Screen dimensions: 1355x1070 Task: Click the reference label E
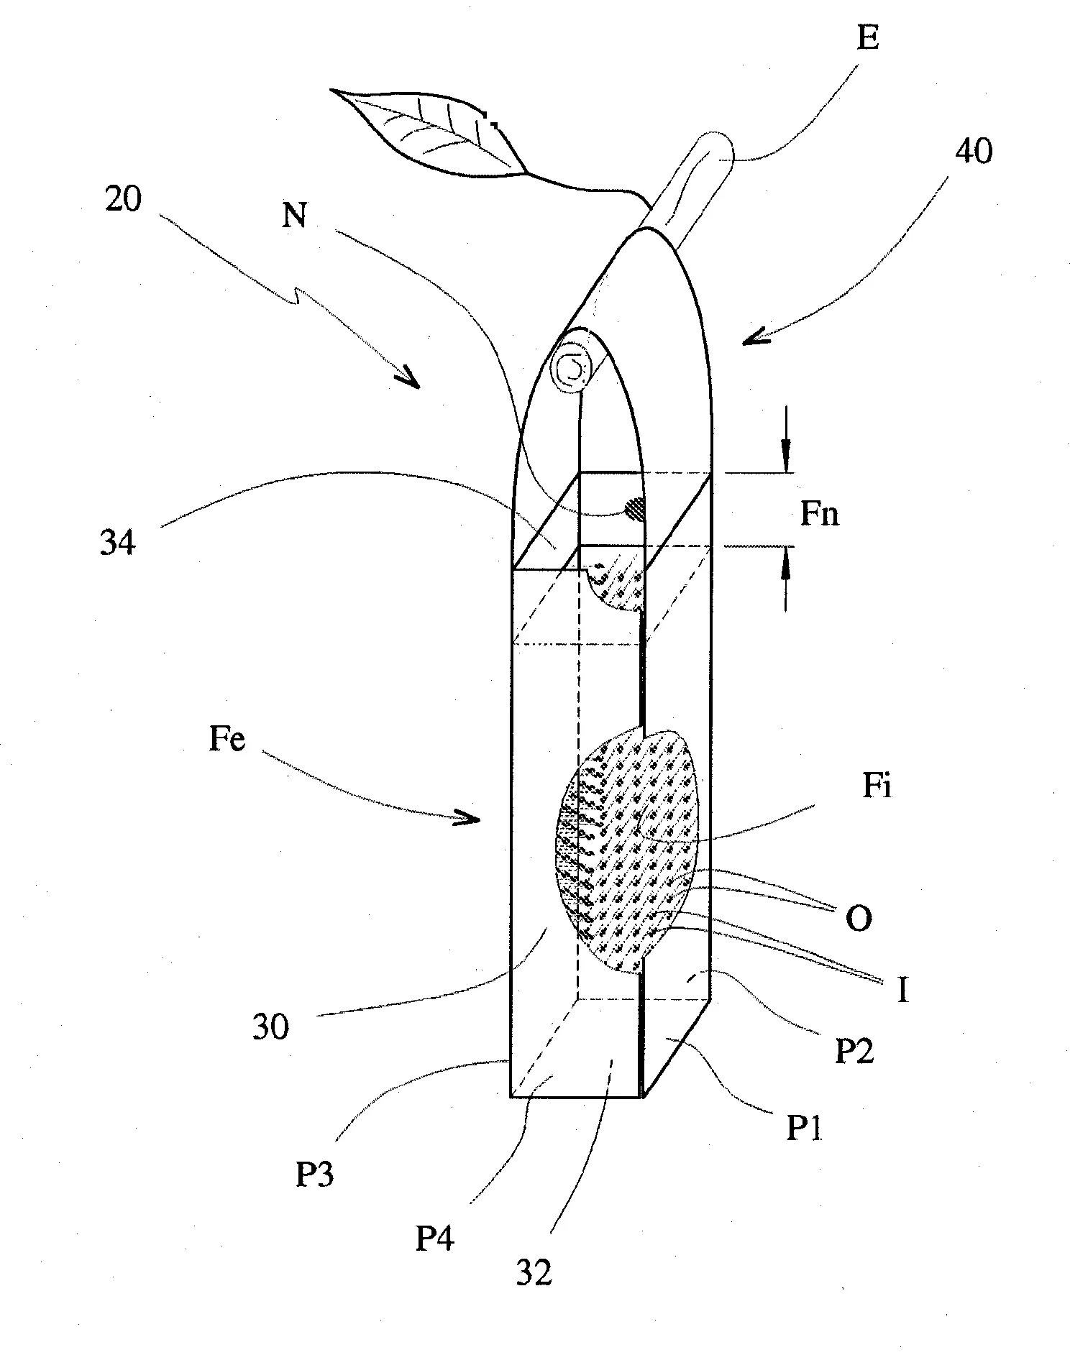[868, 38]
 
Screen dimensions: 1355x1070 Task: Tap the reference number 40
[974, 152]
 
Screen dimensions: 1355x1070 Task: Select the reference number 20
[123, 199]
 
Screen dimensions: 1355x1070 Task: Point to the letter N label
[294, 215]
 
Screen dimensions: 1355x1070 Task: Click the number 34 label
[118, 543]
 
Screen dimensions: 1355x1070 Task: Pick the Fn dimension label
[819, 513]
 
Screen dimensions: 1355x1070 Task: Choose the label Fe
[227, 739]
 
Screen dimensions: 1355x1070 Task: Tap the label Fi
[877, 786]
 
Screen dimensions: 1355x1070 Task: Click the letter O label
[859, 918]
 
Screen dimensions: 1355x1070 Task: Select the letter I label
[903, 991]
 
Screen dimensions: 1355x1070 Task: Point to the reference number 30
[270, 1026]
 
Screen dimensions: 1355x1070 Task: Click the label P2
[854, 1052]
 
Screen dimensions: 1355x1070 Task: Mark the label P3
[314, 1175]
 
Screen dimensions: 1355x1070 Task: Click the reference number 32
[534, 1273]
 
